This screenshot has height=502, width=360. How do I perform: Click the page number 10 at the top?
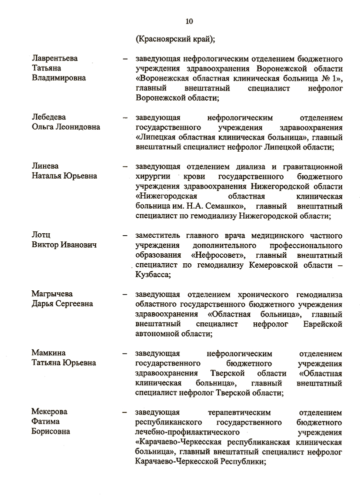[188, 21]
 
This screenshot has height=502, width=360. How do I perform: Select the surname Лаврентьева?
[55, 59]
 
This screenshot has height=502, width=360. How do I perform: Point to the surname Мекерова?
[49, 412]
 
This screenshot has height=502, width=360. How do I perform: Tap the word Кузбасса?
[153, 275]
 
